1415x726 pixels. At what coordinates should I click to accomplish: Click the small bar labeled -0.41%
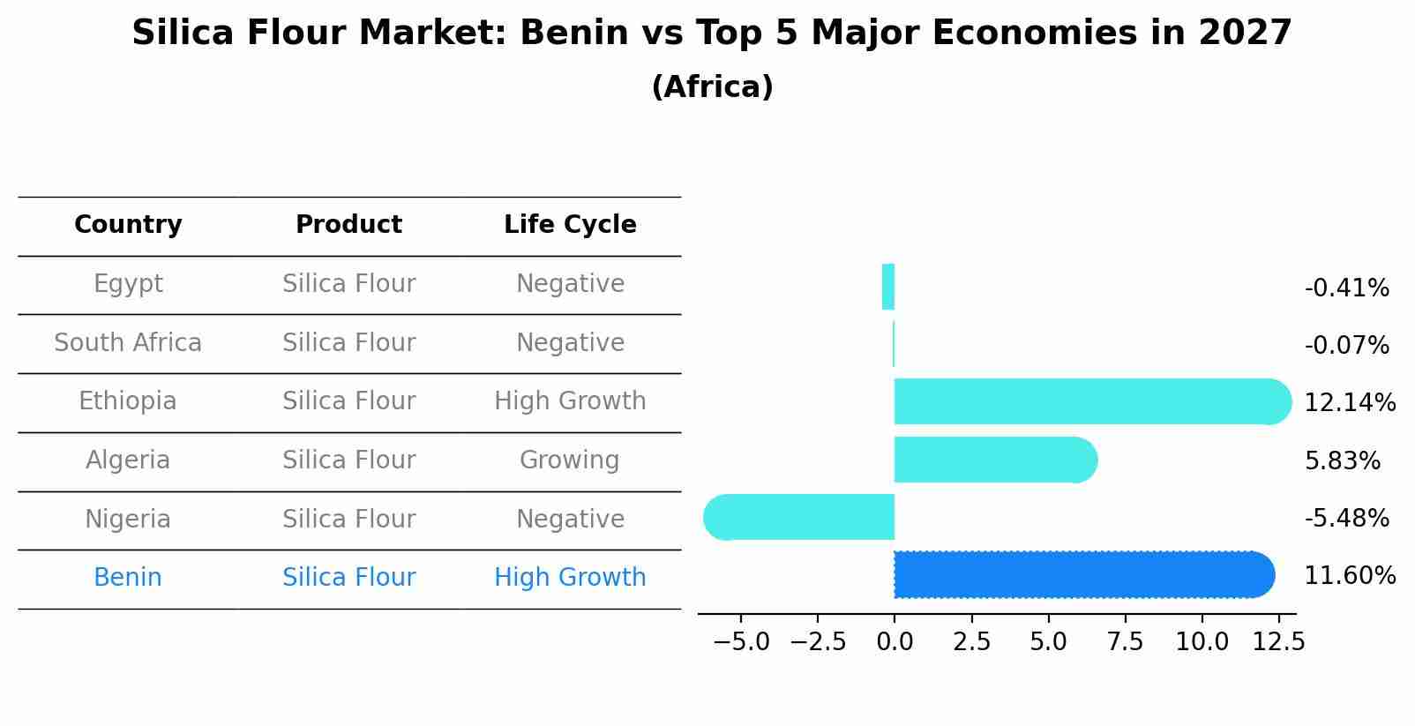tap(888, 287)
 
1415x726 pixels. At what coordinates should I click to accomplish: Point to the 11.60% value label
tap(1349, 576)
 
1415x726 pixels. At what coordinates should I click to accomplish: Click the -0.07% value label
tap(1346, 345)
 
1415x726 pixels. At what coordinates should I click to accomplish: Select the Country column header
tap(128, 225)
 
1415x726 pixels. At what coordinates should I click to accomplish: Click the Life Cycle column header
tap(570, 225)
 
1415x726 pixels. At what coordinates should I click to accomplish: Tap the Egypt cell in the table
tap(128, 284)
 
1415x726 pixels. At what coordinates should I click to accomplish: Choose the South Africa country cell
tap(128, 343)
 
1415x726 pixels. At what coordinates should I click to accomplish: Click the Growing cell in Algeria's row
tap(569, 460)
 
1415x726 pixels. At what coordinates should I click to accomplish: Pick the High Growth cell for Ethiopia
tap(570, 401)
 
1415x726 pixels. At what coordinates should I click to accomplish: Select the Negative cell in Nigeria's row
tap(570, 520)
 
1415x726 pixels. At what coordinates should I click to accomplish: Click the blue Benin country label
tap(128, 578)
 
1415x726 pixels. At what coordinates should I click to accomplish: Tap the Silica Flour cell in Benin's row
tap(348, 578)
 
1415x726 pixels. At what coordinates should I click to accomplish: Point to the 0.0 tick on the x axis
tap(895, 641)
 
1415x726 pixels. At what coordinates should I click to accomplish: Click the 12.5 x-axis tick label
tap(1278, 641)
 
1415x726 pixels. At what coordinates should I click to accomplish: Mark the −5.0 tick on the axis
tap(741, 641)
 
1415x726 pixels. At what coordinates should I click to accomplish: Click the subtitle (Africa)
tap(712, 87)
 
